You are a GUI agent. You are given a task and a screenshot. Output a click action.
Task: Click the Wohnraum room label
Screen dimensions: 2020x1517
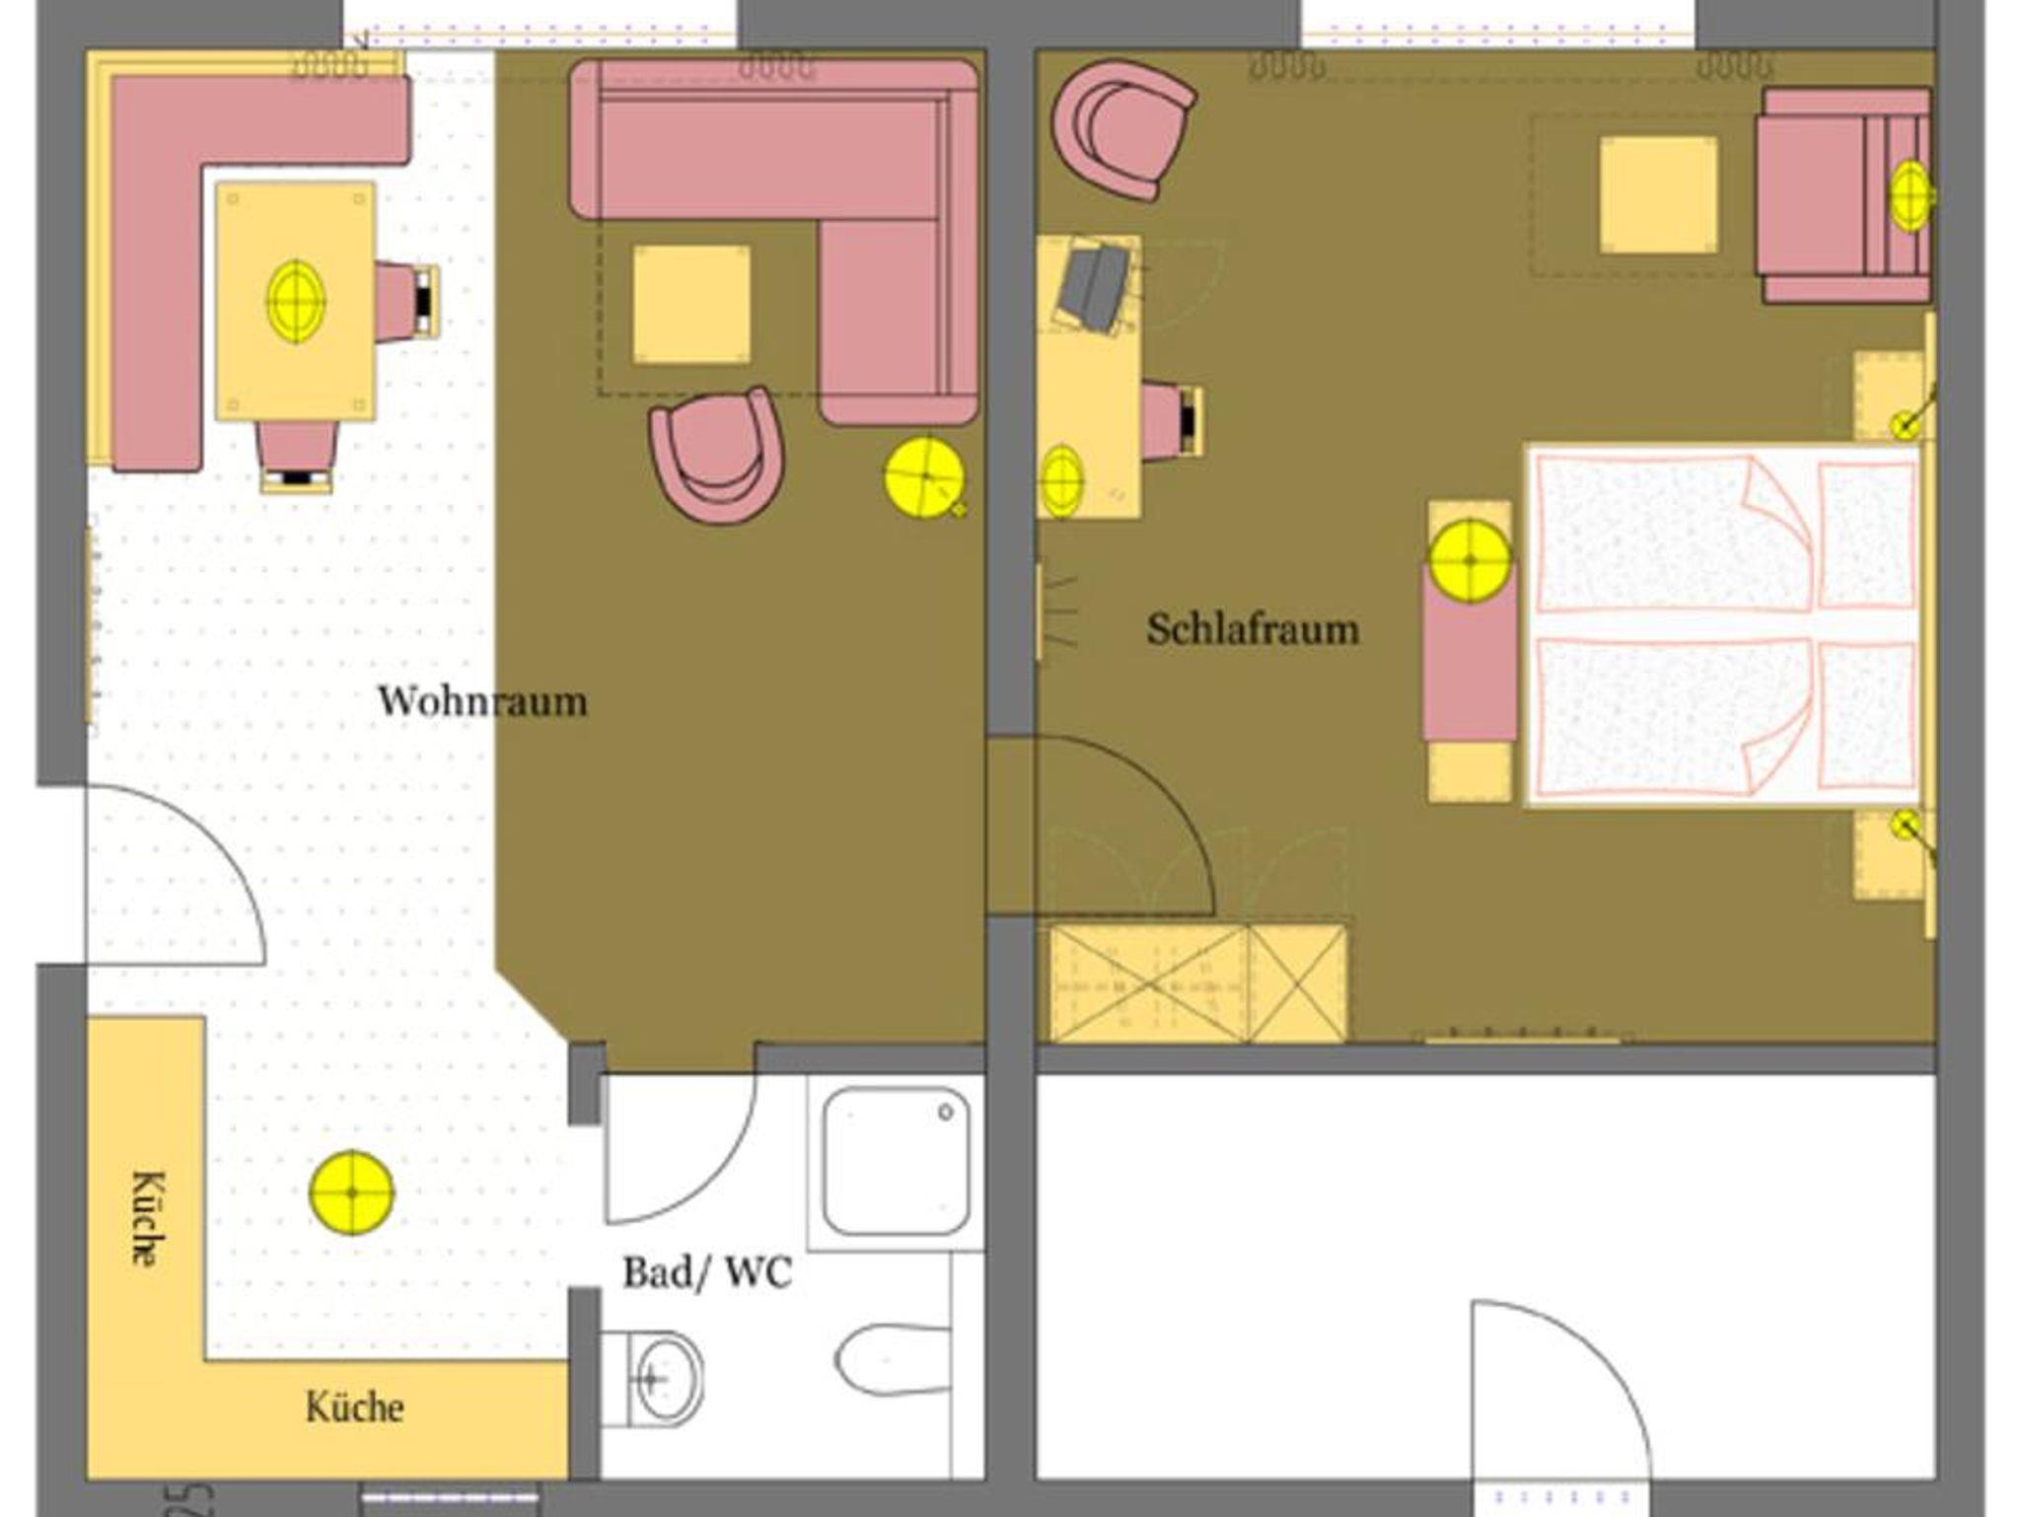tap(482, 701)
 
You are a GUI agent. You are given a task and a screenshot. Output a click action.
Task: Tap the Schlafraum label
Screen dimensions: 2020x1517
tap(1253, 628)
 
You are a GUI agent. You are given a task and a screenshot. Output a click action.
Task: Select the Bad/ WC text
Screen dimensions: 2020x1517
tap(707, 1272)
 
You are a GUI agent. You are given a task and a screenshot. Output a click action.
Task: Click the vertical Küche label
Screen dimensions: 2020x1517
tap(147, 1218)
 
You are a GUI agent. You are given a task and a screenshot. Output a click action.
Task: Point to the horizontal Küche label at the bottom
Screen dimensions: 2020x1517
tap(355, 1407)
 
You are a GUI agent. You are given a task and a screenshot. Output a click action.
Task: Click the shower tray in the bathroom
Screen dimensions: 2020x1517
tap(896, 1162)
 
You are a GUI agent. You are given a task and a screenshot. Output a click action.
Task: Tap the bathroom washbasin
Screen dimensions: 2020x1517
tap(653, 1378)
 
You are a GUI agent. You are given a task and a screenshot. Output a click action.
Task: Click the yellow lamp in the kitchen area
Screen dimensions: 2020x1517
tap(352, 1192)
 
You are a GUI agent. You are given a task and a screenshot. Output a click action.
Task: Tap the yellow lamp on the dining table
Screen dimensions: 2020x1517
tap(296, 301)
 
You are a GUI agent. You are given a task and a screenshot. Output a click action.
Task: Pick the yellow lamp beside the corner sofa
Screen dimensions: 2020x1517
tap(924, 477)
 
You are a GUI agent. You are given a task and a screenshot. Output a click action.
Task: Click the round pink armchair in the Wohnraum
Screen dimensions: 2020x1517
tap(717, 453)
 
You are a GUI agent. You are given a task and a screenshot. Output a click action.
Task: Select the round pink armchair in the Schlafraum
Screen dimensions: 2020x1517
tap(1122, 130)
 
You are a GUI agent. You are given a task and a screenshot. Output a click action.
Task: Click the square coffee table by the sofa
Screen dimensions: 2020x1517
tap(691, 304)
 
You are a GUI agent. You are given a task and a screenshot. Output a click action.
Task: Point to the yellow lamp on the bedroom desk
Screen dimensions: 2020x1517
tap(1062, 481)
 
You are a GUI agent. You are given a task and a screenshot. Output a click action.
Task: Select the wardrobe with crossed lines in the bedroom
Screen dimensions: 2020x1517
tap(1198, 983)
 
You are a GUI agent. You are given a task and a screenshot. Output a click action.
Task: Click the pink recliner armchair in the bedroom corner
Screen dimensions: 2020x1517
tap(1844, 195)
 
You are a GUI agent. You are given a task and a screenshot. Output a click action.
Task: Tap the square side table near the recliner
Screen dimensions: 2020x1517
tap(1659, 195)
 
